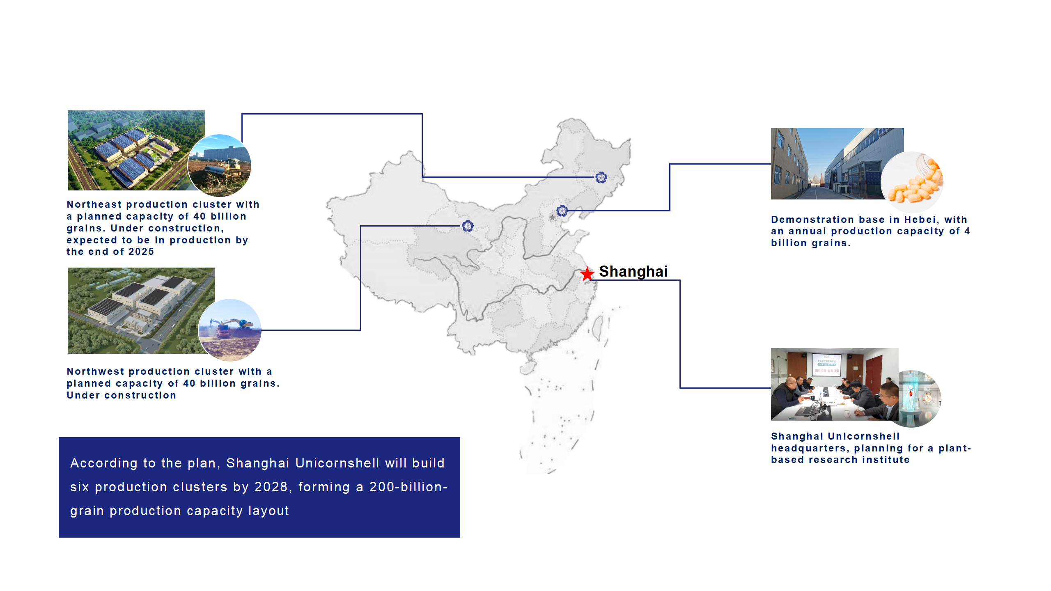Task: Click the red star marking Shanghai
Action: pos(587,273)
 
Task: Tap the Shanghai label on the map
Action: pos(633,271)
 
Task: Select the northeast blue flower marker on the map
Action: pos(601,177)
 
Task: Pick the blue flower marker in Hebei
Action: pos(562,211)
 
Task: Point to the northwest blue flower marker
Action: pos(468,226)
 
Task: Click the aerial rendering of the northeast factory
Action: pos(131,150)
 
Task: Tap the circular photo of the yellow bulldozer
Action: pos(219,165)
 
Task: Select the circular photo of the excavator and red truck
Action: pos(230,330)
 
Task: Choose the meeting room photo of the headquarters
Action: pos(835,384)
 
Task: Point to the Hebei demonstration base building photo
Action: pos(833,164)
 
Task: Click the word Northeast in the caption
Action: pos(94,204)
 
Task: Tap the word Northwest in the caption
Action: pos(96,371)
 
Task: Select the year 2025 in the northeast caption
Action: pos(141,252)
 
